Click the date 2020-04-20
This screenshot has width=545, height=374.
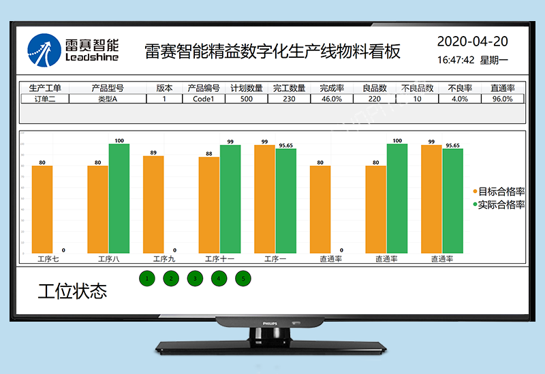pyautogui.click(x=472, y=41)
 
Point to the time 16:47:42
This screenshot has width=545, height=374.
pyautogui.click(x=456, y=60)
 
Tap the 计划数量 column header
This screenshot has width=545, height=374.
pyautogui.click(x=247, y=88)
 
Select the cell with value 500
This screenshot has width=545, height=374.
pyautogui.click(x=247, y=99)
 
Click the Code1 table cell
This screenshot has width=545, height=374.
pyautogui.click(x=204, y=99)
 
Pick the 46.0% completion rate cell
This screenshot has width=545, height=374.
pyautogui.click(x=331, y=99)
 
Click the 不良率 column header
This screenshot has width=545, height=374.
pyautogui.click(x=460, y=88)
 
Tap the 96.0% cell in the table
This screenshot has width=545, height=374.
pyautogui.click(x=502, y=99)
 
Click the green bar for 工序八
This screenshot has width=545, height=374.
pyautogui.click(x=119, y=198)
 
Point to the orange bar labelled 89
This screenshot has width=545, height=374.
pyautogui.click(x=153, y=204)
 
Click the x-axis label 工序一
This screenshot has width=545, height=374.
pyautogui.click(x=275, y=259)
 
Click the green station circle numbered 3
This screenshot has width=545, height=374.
pyautogui.click(x=195, y=278)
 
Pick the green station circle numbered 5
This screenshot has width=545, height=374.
pyautogui.click(x=243, y=278)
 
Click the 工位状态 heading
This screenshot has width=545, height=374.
pyautogui.click(x=72, y=292)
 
